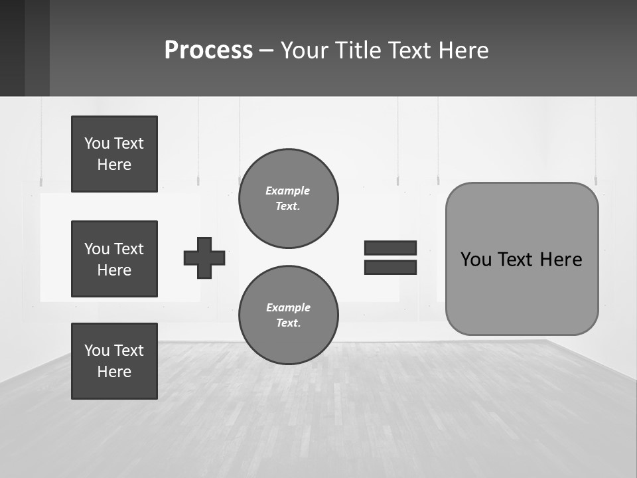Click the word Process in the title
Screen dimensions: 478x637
(208, 50)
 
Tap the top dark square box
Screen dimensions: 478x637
(114, 154)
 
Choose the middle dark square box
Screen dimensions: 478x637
(114, 259)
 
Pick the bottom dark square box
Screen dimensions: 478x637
(114, 361)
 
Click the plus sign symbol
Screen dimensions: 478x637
(204, 258)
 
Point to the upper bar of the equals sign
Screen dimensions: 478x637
(390, 248)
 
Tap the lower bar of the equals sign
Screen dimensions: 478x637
(390, 267)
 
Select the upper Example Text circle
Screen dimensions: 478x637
(288, 199)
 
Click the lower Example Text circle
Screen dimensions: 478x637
(288, 315)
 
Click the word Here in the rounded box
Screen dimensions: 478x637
(561, 260)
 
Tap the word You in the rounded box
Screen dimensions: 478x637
(476, 260)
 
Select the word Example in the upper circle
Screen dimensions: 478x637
(288, 191)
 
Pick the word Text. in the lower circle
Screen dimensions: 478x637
(288, 323)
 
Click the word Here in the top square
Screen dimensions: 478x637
(114, 165)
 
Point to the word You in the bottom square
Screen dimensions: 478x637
(97, 351)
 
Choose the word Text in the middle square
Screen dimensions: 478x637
(129, 249)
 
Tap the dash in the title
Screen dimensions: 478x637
(267, 50)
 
